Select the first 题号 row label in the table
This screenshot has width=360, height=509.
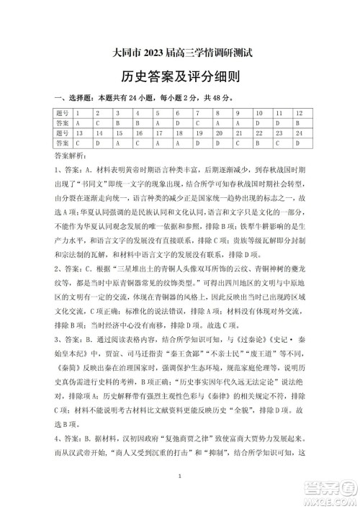pyautogui.click(x=64, y=114)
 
